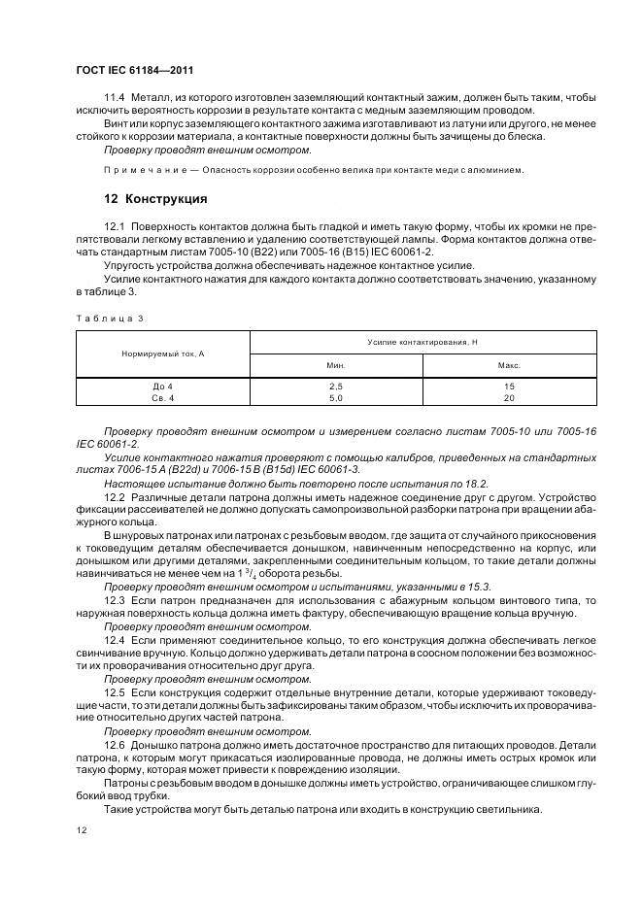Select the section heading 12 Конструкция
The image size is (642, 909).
pyautogui.click(x=155, y=199)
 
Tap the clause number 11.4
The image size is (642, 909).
pyautogui.click(x=114, y=99)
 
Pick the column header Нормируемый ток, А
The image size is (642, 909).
pyautogui.click(x=162, y=353)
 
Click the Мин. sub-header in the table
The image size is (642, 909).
pyautogui.click(x=336, y=366)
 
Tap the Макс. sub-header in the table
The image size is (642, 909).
pyautogui.click(x=509, y=366)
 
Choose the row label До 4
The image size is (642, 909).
pyautogui.click(x=162, y=386)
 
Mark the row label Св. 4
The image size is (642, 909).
pyautogui.click(x=162, y=397)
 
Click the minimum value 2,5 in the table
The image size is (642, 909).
pyautogui.click(x=336, y=386)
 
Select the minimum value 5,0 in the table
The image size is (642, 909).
pyautogui.click(x=336, y=397)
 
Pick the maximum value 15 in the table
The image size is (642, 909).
pyautogui.click(x=509, y=386)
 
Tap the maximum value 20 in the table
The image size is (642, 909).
pyautogui.click(x=509, y=397)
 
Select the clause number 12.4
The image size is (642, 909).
pyautogui.click(x=114, y=641)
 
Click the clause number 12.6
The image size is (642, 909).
pyautogui.click(x=114, y=742)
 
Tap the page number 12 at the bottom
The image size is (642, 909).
pyautogui.click(x=82, y=829)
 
